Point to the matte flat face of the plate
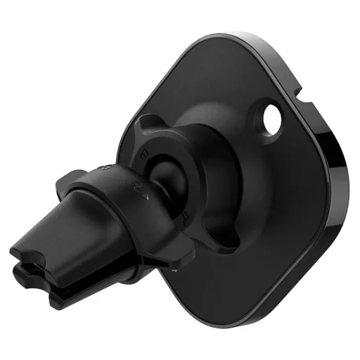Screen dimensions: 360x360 pyautogui.click(x=281, y=211)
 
